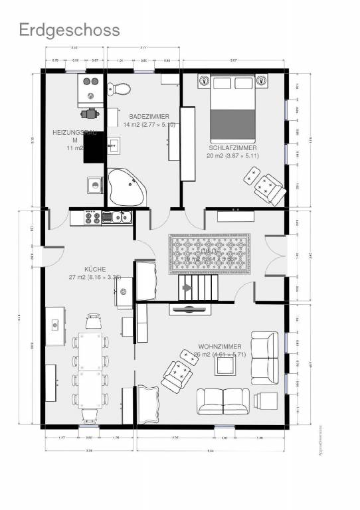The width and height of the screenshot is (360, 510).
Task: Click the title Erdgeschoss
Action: pyautogui.click(x=69, y=30)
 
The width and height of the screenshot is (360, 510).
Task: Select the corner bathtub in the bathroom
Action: pyautogui.click(x=126, y=186)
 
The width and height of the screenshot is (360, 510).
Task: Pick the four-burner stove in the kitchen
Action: pyautogui.click(x=92, y=216)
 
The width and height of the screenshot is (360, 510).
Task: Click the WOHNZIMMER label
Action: pyautogui.click(x=219, y=347)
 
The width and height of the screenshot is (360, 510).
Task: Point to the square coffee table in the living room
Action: pyautogui.click(x=225, y=365)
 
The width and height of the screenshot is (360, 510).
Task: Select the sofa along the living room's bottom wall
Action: pyautogui.click(x=223, y=400)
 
